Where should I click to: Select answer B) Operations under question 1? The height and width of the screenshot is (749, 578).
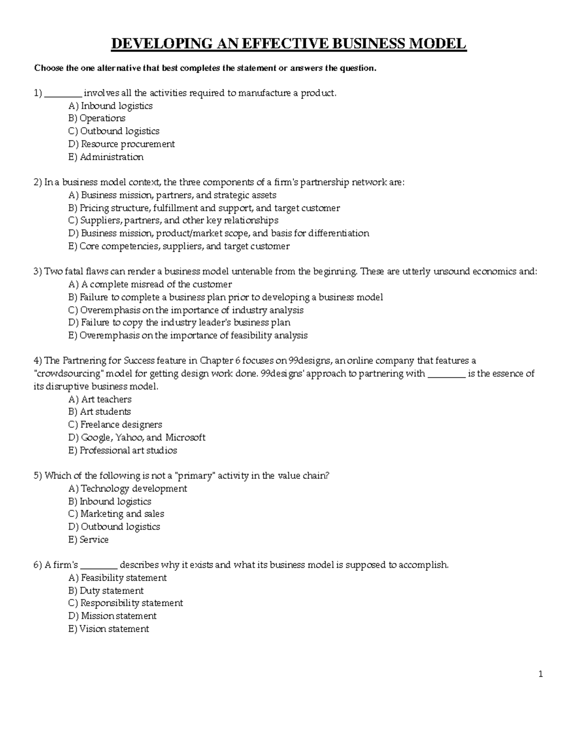click(x=97, y=118)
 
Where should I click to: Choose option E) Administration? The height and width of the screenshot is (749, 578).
click(x=106, y=157)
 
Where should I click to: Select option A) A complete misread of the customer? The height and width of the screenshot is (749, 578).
click(x=150, y=284)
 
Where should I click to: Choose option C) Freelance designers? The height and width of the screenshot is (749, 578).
click(x=115, y=424)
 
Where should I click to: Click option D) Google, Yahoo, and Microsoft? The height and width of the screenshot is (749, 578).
click(x=137, y=437)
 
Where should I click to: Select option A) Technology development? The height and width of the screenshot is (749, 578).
click(x=128, y=489)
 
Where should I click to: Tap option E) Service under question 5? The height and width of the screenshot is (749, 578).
click(x=89, y=540)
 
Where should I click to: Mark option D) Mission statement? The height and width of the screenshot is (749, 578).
click(x=112, y=616)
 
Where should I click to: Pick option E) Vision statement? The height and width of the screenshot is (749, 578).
click(x=109, y=629)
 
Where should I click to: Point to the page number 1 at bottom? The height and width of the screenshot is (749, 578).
click(x=541, y=674)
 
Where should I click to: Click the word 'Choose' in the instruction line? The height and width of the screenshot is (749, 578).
click(x=48, y=68)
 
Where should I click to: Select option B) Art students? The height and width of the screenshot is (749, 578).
click(x=100, y=411)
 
